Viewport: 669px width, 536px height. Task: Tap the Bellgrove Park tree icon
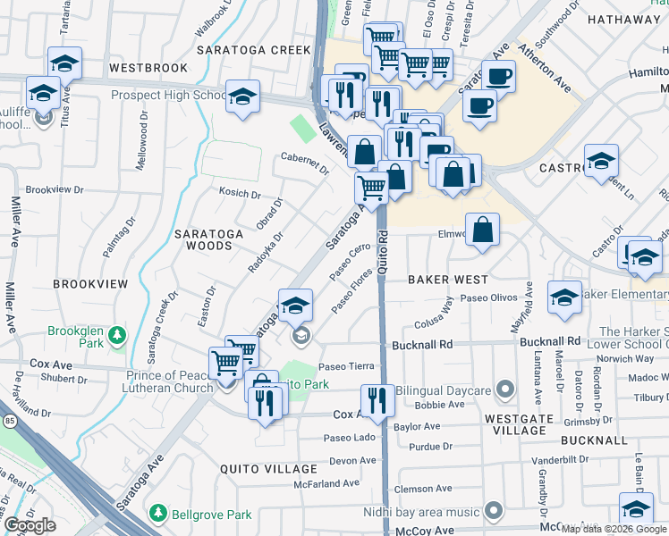[x=158, y=514]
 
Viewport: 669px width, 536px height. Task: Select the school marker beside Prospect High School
[x=242, y=97]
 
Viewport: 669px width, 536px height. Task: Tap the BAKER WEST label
[x=448, y=280]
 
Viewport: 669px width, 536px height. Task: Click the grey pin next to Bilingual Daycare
[x=505, y=389]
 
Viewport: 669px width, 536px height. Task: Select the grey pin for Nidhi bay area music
[x=494, y=512]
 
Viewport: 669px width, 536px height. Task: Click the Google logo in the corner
[x=30, y=525]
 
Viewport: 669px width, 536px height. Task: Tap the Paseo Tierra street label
[x=346, y=366]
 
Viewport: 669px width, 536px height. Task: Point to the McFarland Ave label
[x=326, y=483]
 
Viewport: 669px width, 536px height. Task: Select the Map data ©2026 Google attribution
[x=613, y=529]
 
